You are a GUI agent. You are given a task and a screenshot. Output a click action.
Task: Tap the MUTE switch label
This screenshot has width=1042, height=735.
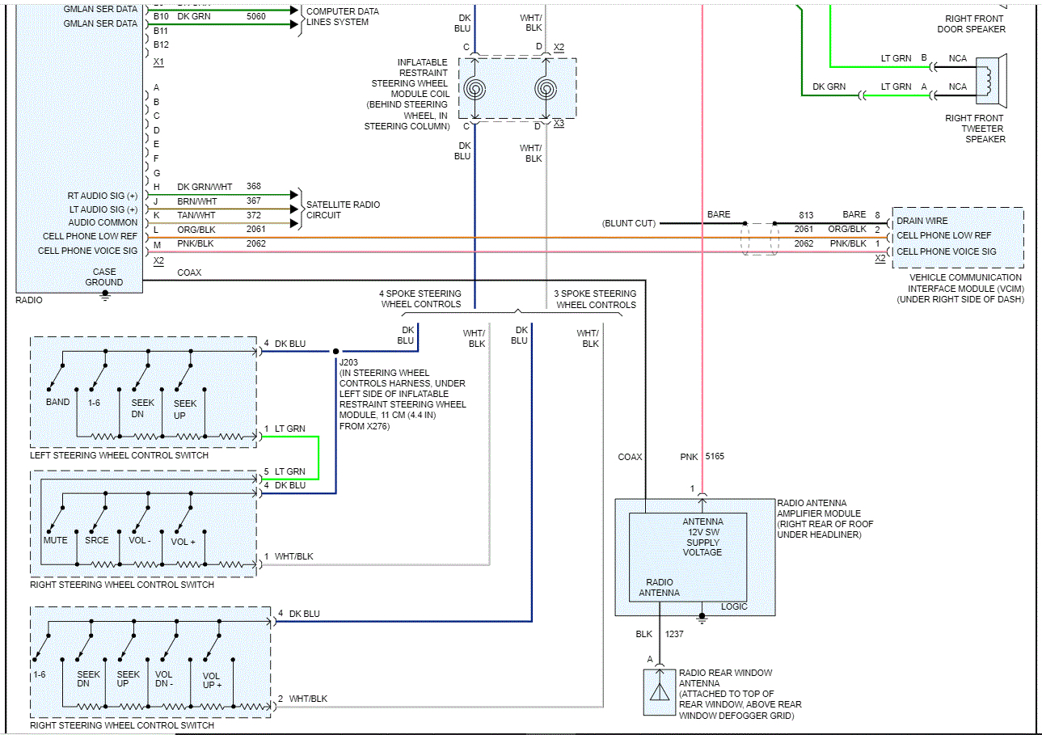point(56,540)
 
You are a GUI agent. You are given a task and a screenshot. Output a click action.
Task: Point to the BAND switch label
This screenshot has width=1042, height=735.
point(57,402)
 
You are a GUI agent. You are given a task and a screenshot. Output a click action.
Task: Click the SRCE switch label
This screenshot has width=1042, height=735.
point(97,540)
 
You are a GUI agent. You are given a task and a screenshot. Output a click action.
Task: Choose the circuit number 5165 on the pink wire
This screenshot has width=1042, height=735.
point(715,457)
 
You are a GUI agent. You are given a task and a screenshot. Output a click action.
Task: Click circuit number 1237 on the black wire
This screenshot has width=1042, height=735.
point(674,634)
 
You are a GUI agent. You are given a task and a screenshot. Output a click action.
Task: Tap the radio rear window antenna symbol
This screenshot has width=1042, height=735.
point(660,692)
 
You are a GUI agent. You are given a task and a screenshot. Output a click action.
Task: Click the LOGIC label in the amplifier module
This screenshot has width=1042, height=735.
point(734,606)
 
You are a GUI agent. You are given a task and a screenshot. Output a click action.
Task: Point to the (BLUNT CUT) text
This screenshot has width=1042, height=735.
point(629,223)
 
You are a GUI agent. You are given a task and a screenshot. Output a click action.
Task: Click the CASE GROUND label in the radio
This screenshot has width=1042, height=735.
point(104,277)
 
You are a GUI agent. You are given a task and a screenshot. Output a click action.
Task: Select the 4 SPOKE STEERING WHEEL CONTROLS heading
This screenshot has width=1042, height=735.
point(420,299)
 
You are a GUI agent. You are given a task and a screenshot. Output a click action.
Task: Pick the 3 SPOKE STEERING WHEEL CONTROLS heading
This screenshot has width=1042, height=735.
point(596,299)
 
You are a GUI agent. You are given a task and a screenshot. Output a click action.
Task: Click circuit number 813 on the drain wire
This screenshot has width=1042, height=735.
point(805,215)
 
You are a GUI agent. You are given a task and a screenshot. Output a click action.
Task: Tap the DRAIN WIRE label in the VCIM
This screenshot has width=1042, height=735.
point(922,221)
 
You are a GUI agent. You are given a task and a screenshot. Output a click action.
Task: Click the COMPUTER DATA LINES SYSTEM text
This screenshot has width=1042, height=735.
point(342,17)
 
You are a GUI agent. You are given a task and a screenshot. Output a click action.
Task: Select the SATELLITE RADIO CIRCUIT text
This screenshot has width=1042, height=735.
point(343,210)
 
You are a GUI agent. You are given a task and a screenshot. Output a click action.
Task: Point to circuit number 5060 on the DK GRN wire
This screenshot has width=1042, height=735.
point(255,15)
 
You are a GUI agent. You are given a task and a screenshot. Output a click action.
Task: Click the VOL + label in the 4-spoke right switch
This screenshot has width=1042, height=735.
point(183,541)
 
